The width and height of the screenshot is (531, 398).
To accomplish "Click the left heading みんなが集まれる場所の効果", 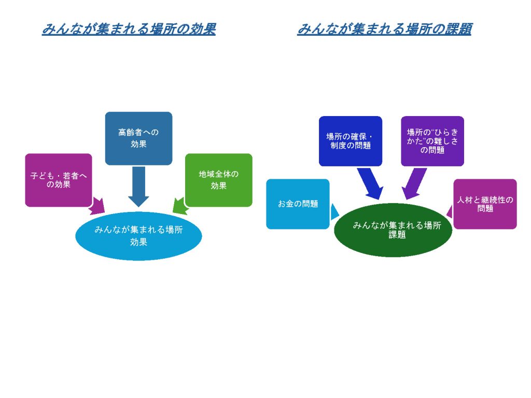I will pyautogui.click(x=128, y=29).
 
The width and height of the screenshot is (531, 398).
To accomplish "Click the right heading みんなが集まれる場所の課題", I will pyautogui.click(x=384, y=29).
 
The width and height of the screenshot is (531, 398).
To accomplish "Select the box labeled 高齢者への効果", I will pyautogui.click(x=138, y=138).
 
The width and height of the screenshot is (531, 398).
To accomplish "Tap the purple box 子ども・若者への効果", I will pyautogui.click(x=58, y=180).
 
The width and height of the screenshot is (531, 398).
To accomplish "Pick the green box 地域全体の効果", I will pyautogui.click(x=218, y=180).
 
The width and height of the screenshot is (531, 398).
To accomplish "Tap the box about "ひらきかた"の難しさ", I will pyautogui.click(x=432, y=141).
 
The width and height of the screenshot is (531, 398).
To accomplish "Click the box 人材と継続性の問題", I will pyautogui.click(x=485, y=204).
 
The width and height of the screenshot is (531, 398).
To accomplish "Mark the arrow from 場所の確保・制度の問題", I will pyautogui.click(x=371, y=184).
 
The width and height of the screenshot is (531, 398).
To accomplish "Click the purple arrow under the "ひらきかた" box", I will pyautogui.click(x=413, y=184).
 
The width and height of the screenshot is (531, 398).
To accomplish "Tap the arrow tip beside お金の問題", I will pyautogui.click(x=334, y=211).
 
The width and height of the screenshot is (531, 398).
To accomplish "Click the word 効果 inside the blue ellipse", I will pyautogui.click(x=138, y=241).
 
